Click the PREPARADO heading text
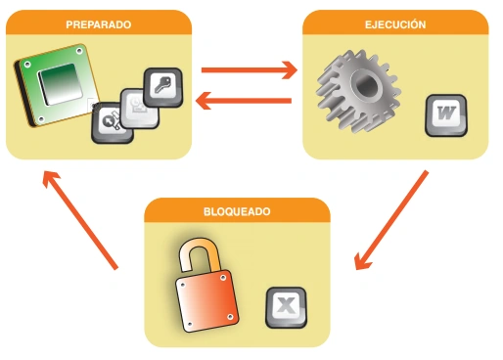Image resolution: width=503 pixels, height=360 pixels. coord(99,23)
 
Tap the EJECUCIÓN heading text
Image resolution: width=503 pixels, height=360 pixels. coord(395,23)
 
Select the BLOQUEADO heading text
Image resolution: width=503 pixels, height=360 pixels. coord(237,210)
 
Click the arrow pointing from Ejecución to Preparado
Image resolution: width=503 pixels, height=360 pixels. coord(245,99)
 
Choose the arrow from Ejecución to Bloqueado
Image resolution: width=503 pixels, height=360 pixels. coord(391,220)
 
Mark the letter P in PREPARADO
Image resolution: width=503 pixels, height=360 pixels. coord(69,23)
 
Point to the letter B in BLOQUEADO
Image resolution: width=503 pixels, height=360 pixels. coord(207,210)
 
